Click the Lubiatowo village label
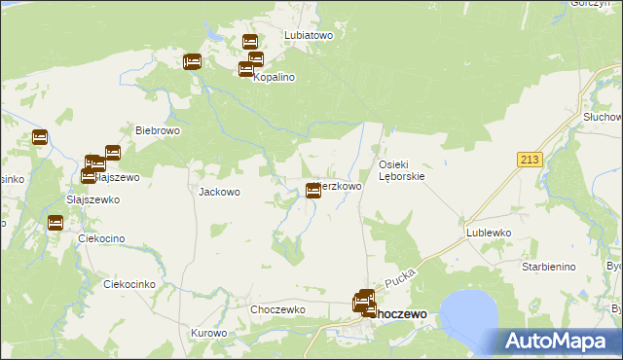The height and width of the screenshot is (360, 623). click(x=309, y=34)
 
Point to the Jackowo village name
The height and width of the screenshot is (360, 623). click(x=219, y=192)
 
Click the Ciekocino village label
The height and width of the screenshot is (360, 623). click(x=108, y=239)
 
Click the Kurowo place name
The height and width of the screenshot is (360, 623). click(x=208, y=333)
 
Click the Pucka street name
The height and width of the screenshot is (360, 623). click(x=400, y=281)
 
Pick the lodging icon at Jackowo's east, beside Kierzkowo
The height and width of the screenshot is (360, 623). click(x=313, y=191)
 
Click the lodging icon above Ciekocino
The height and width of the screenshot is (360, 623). click(x=55, y=223)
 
